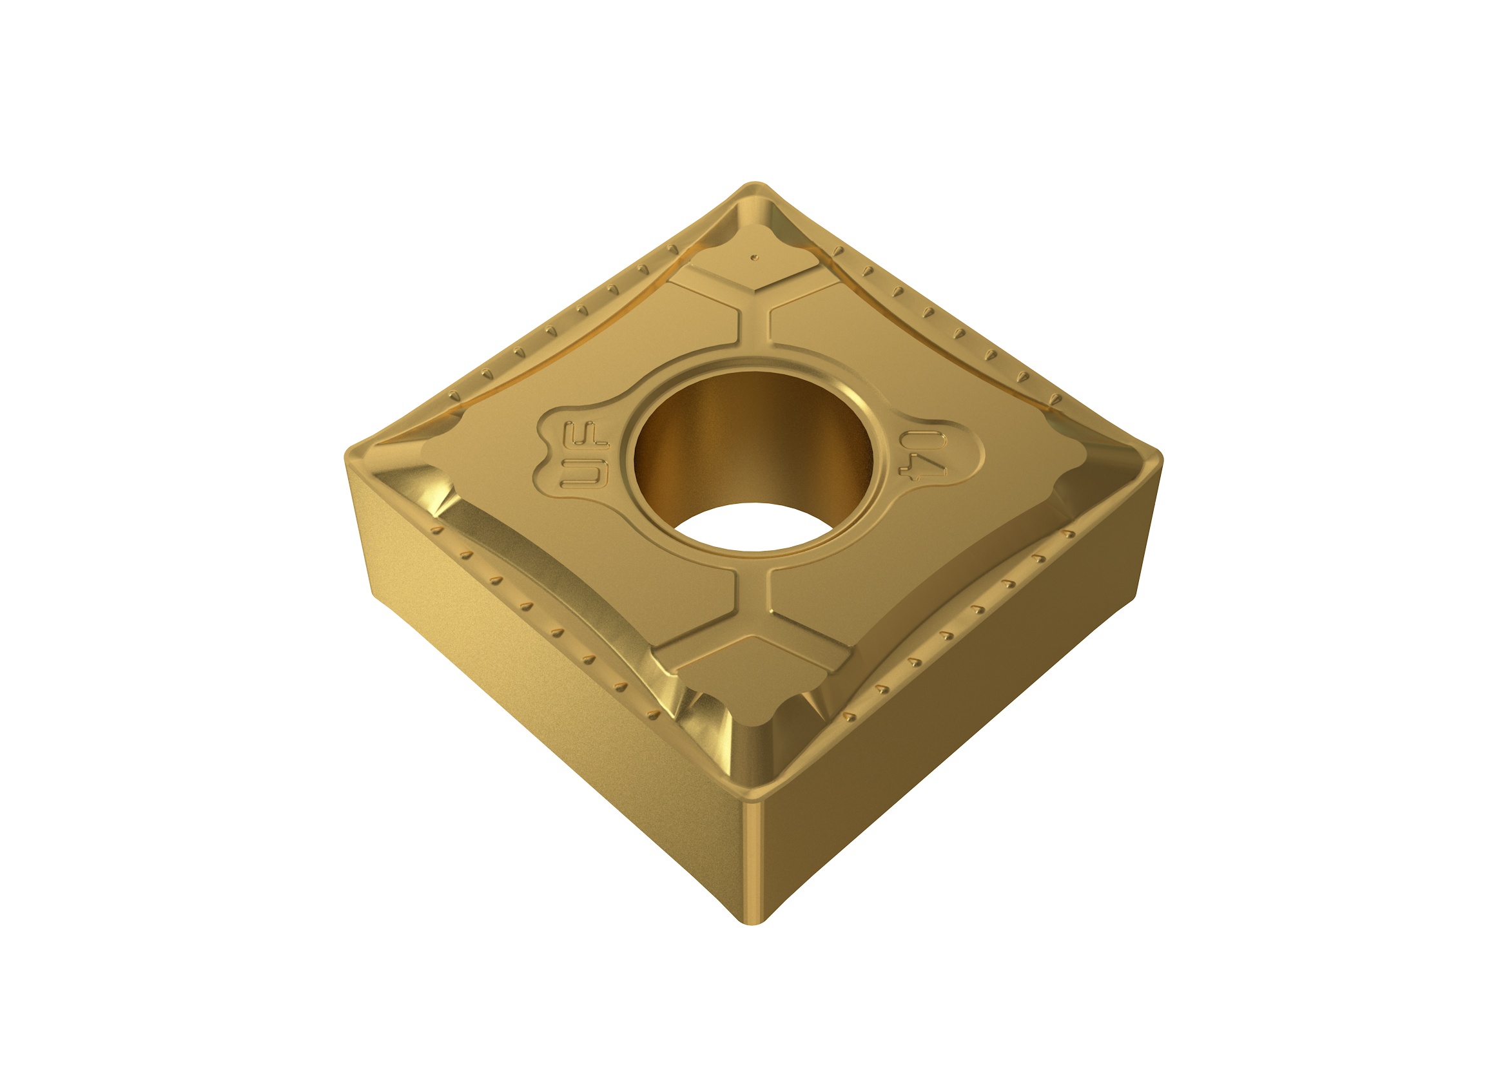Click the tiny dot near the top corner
point(755,257)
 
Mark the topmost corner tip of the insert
point(755,184)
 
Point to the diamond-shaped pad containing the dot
point(755,265)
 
